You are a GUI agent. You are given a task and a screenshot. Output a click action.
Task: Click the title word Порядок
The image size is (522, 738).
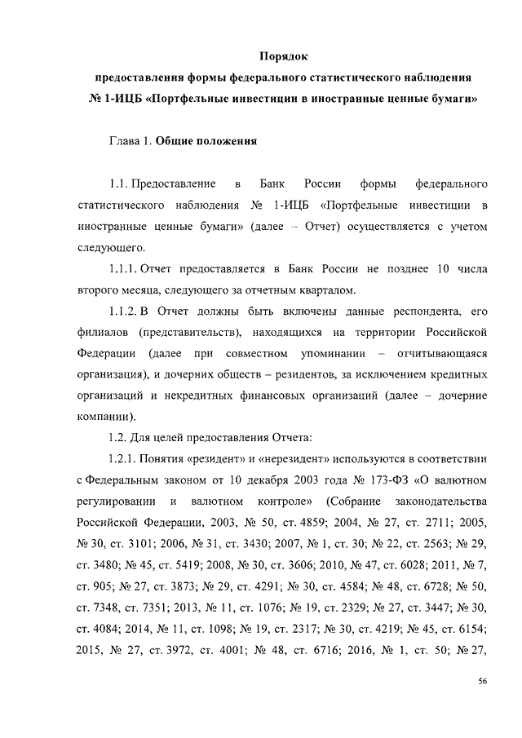click(282, 57)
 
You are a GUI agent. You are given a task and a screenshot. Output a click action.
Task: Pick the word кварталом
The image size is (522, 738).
click(326, 290)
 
